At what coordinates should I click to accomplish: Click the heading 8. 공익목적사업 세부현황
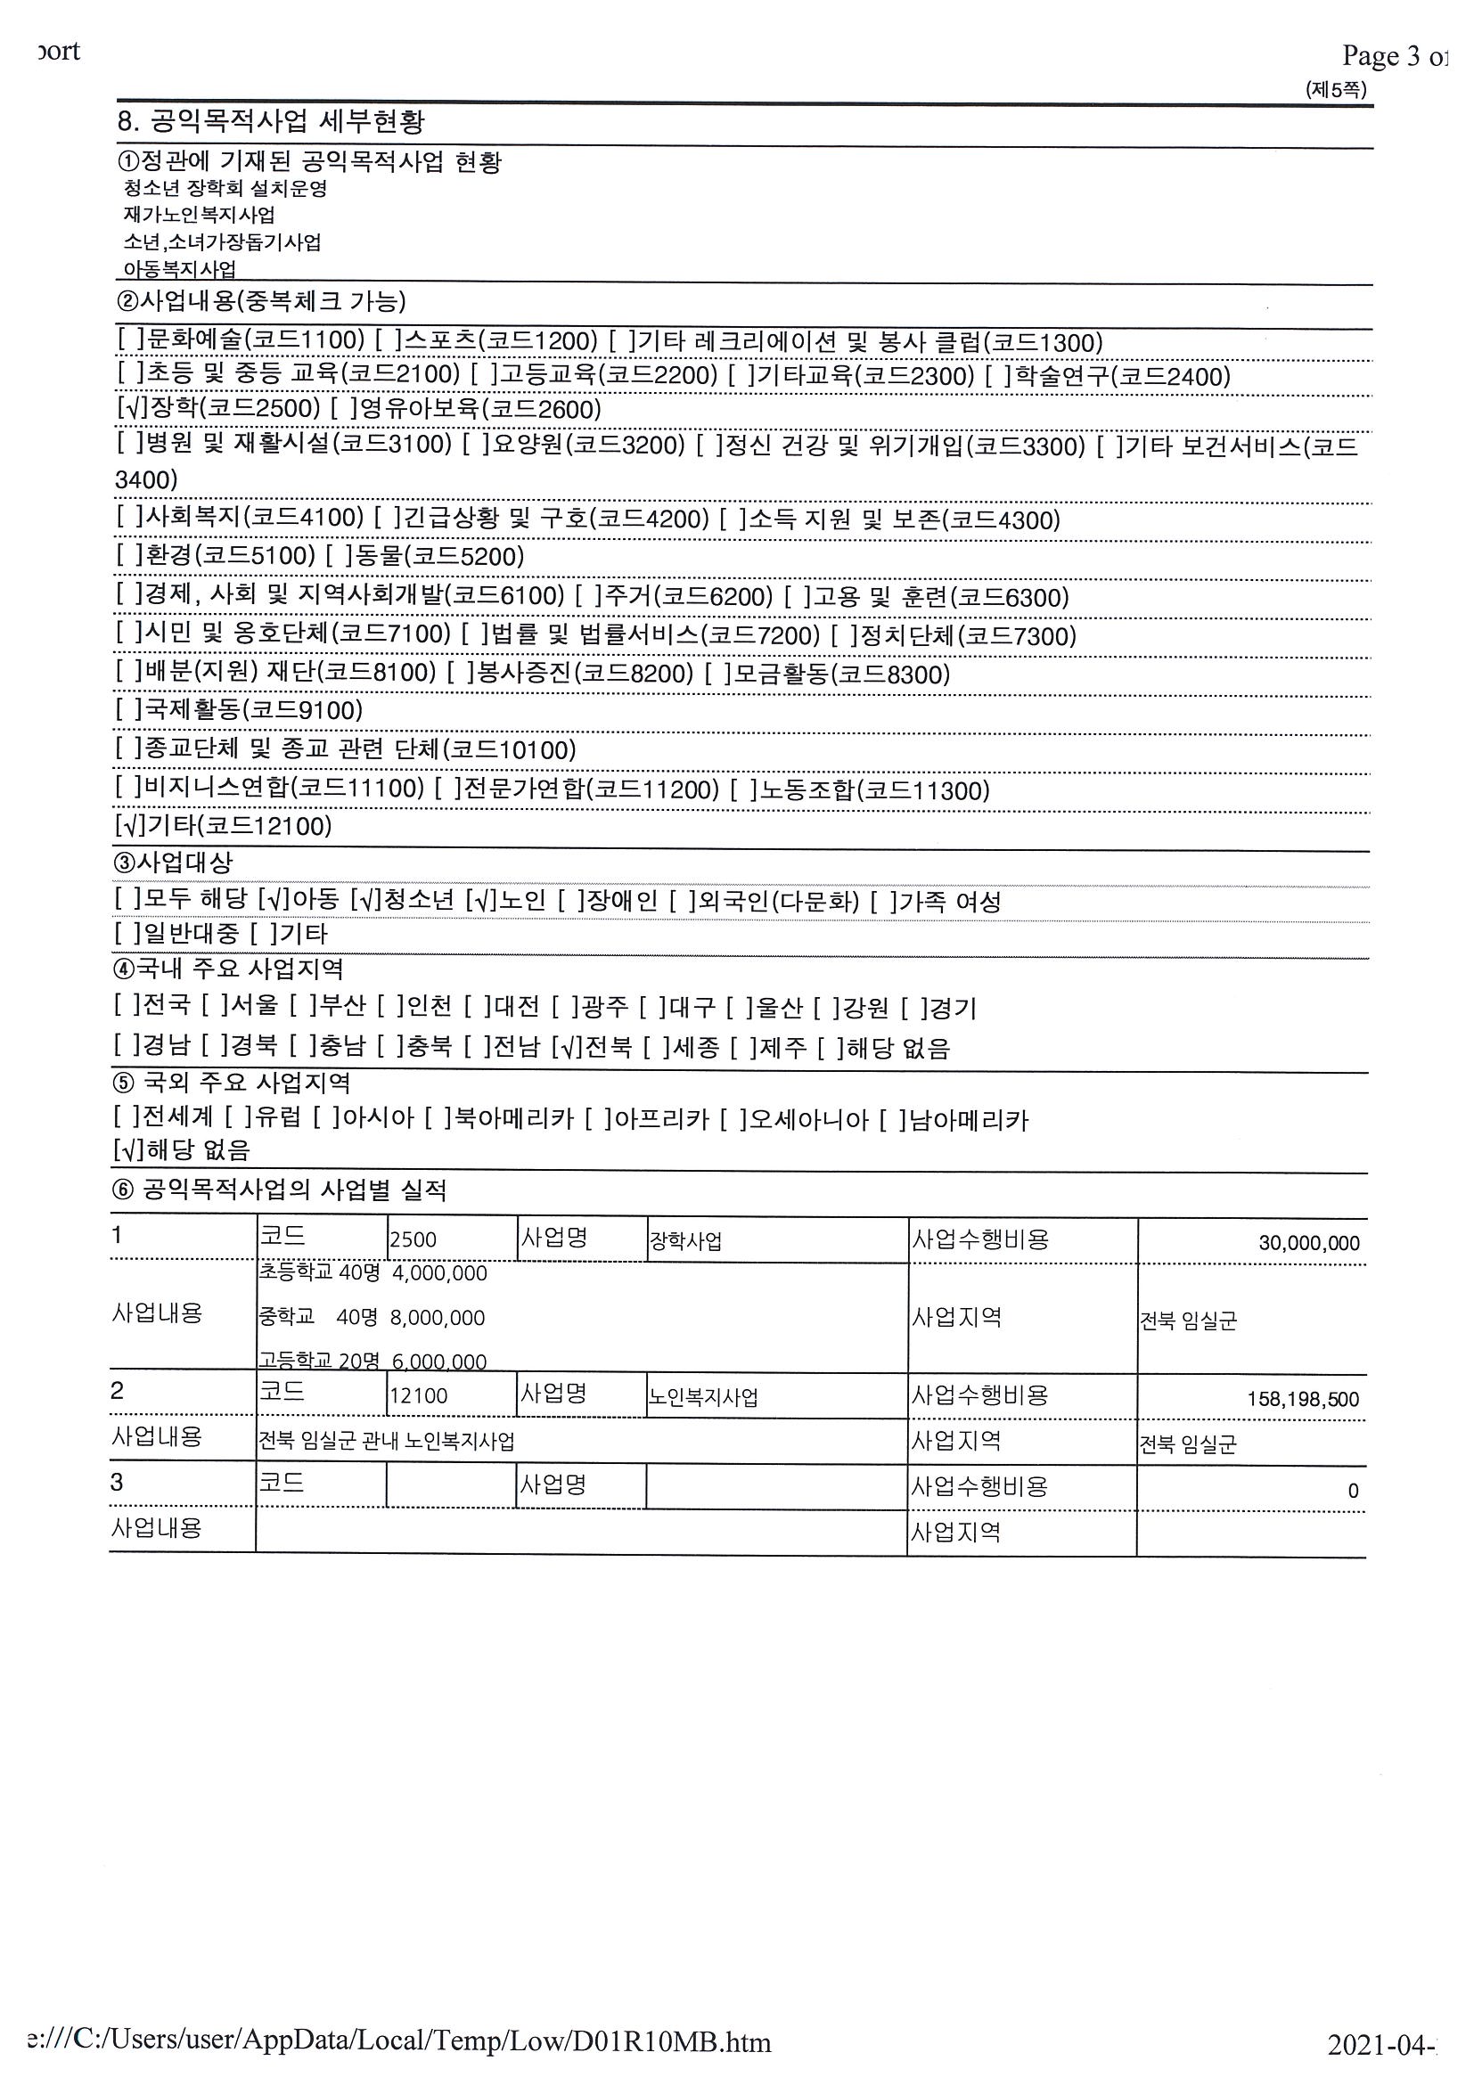(x=272, y=121)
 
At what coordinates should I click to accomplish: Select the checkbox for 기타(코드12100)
(x=127, y=825)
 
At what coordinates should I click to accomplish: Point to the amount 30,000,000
(x=1308, y=1243)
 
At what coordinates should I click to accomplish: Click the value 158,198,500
(x=1302, y=1400)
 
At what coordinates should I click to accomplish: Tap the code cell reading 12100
(x=418, y=1395)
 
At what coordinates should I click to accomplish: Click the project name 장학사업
(x=685, y=1241)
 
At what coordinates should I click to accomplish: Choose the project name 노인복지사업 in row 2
(x=703, y=1396)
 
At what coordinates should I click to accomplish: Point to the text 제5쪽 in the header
(x=1335, y=89)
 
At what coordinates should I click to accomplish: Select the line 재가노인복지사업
(x=199, y=216)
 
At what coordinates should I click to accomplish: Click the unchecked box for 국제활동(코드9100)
(x=128, y=710)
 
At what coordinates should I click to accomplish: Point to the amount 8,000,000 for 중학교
(x=438, y=1318)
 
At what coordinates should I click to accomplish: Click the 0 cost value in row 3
(x=1352, y=1490)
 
